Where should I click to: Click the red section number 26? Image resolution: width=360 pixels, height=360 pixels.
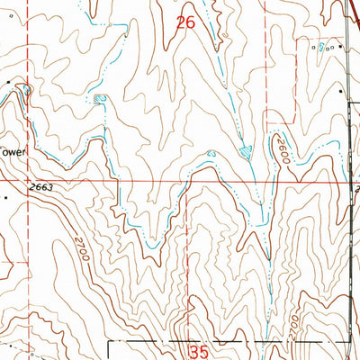click(185, 24)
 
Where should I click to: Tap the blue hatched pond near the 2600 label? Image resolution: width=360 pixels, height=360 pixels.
click(246, 154)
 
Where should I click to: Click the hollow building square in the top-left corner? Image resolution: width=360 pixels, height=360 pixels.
click(4, 3)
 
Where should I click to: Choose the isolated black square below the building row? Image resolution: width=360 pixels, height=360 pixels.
click(339, 90)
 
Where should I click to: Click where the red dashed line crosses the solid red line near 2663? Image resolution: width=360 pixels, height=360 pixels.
click(27, 180)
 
